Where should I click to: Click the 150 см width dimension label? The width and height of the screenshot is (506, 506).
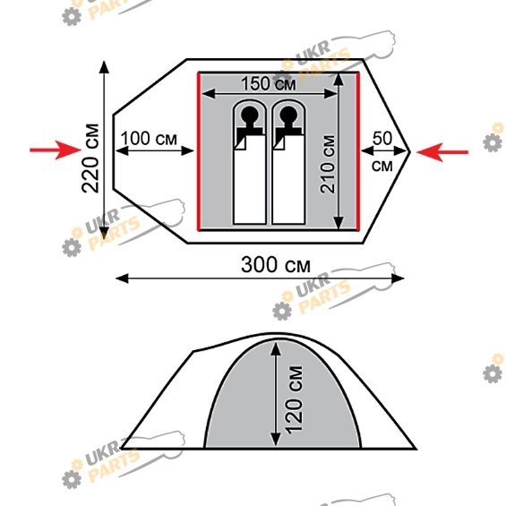[269, 84]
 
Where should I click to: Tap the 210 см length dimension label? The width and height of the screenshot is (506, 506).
[328, 164]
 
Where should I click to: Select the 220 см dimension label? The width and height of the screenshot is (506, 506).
[90, 159]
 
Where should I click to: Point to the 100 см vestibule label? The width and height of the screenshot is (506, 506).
[149, 139]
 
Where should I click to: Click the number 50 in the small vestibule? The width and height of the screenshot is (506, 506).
[382, 139]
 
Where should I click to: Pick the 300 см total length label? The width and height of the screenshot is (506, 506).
[276, 265]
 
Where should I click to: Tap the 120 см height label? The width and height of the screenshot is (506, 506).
[294, 399]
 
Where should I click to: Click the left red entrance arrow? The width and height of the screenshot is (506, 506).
[56, 150]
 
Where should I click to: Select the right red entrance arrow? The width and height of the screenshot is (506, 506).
[442, 151]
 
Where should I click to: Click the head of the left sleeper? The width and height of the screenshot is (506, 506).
[249, 115]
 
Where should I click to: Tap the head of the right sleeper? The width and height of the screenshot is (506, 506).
[288, 115]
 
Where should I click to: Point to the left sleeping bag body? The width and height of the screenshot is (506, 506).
[250, 179]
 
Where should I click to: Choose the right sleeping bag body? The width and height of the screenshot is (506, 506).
[288, 179]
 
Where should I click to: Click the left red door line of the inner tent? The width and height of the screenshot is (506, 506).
[199, 151]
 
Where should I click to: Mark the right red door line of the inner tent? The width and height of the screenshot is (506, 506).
[357, 151]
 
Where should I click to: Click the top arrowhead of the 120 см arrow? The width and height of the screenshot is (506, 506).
[276, 348]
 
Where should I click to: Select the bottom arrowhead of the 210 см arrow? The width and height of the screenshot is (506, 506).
[339, 223]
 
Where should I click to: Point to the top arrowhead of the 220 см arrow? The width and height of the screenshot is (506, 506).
[104, 67]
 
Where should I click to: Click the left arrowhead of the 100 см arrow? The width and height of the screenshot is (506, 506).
[122, 150]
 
